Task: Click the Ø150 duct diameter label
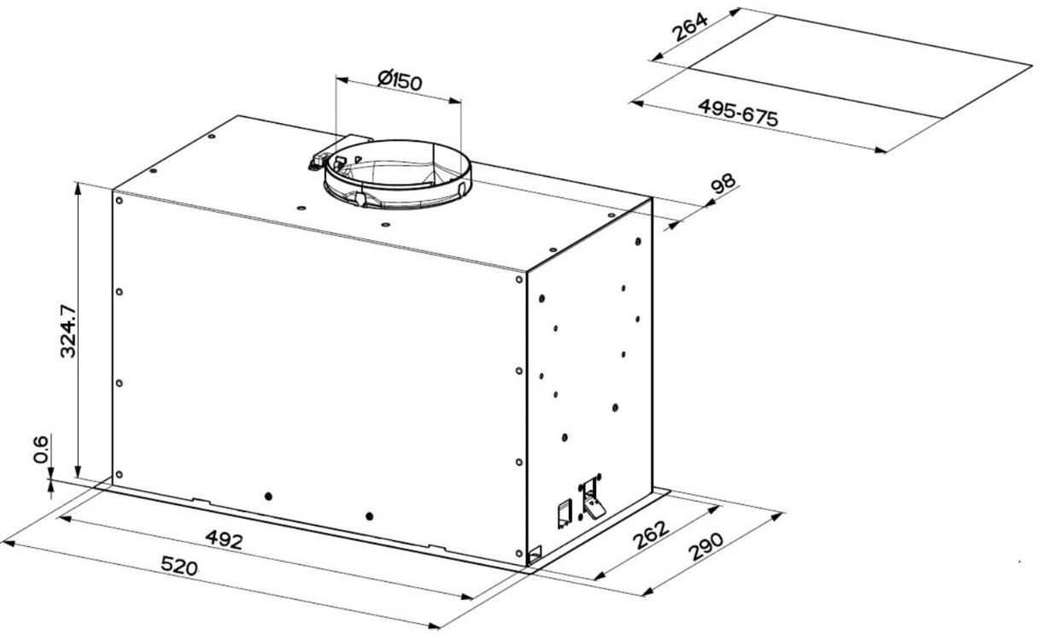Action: pyautogui.click(x=400, y=80)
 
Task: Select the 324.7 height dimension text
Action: pyautogui.click(x=68, y=331)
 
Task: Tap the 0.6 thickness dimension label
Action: pyautogui.click(x=41, y=450)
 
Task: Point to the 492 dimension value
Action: pyautogui.click(x=225, y=539)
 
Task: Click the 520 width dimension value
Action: pyautogui.click(x=179, y=566)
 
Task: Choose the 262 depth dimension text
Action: pyautogui.click(x=651, y=534)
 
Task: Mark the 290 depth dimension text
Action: pyautogui.click(x=706, y=547)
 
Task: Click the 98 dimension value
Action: pyautogui.click(x=723, y=184)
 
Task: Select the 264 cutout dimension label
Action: pyautogui.click(x=691, y=27)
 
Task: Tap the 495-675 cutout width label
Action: pyautogui.click(x=738, y=113)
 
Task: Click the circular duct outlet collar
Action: pyautogui.click(x=398, y=174)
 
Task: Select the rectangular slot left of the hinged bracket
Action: pyautogui.click(x=565, y=514)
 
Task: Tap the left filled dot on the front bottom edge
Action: pyautogui.click(x=268, y=497)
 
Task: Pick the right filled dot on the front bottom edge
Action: pyautogui.click(x=369, y=516)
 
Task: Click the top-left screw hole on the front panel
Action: pyautogui.click(x=119, y=201)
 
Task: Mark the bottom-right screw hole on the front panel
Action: pyautogui.click(x=519, y=553)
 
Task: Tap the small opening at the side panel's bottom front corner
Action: pyautogui.click(x=536, y=553)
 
